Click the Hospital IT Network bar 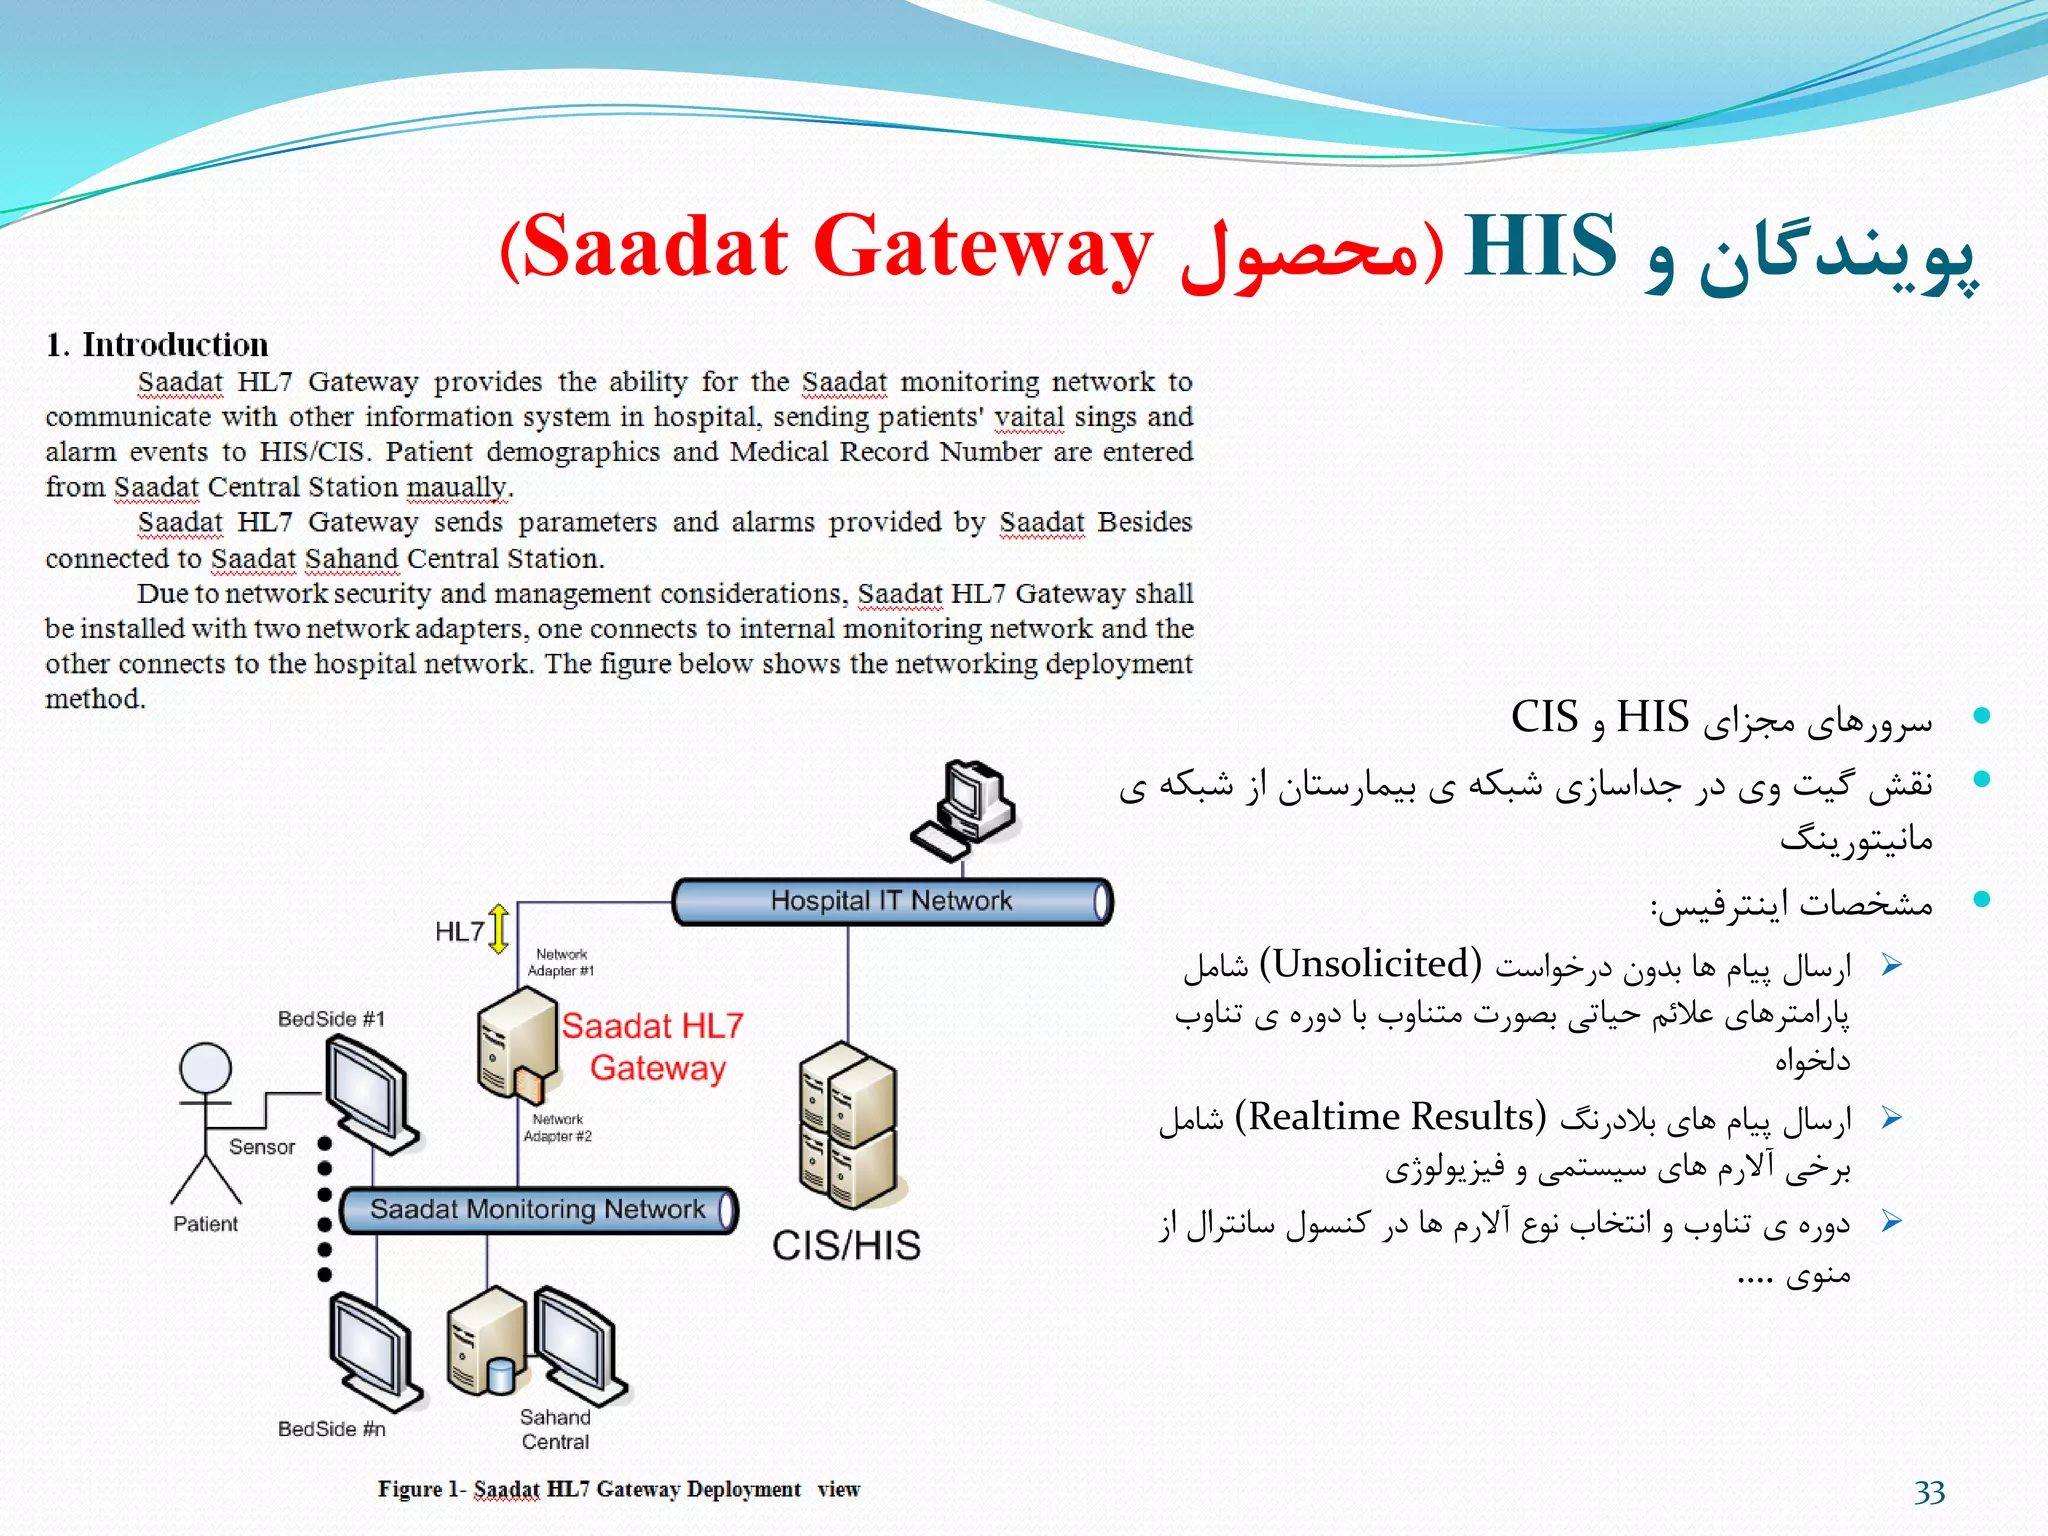click(891, 901)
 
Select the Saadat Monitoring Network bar click(538, 1210)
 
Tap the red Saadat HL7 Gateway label click(653, 1047)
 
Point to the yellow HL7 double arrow click(499, 929)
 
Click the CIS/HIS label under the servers click(846, 1246)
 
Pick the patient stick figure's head click(205, 1068)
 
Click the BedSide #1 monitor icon click(370, 1093)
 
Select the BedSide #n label click(331, 1429)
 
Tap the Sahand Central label click(555, 1430)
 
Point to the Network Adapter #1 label click(560, 962)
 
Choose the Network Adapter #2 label click(557, 1128)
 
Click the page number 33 click(1929, 1492)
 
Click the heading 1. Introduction click(157, 345)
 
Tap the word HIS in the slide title click(1539, 246)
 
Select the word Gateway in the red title click(982, 246)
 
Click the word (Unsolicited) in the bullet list click(1370, 964)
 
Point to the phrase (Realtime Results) click(1390, 1116)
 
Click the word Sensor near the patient click(262, 1147)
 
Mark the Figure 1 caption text click(618, 1489)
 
